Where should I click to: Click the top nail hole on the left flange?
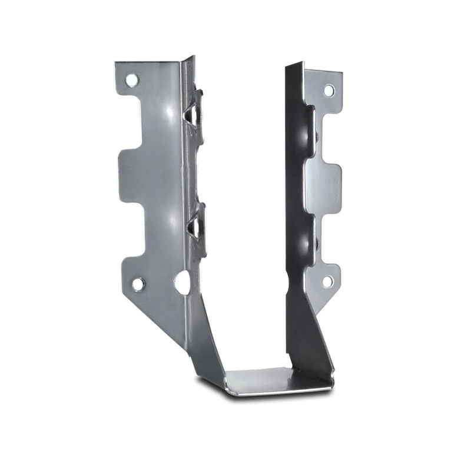[131, 79]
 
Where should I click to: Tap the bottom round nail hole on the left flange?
[137, 284]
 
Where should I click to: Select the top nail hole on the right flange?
[329, 90]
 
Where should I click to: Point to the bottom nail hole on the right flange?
[327, 281]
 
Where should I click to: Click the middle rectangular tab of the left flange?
[132, 177]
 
